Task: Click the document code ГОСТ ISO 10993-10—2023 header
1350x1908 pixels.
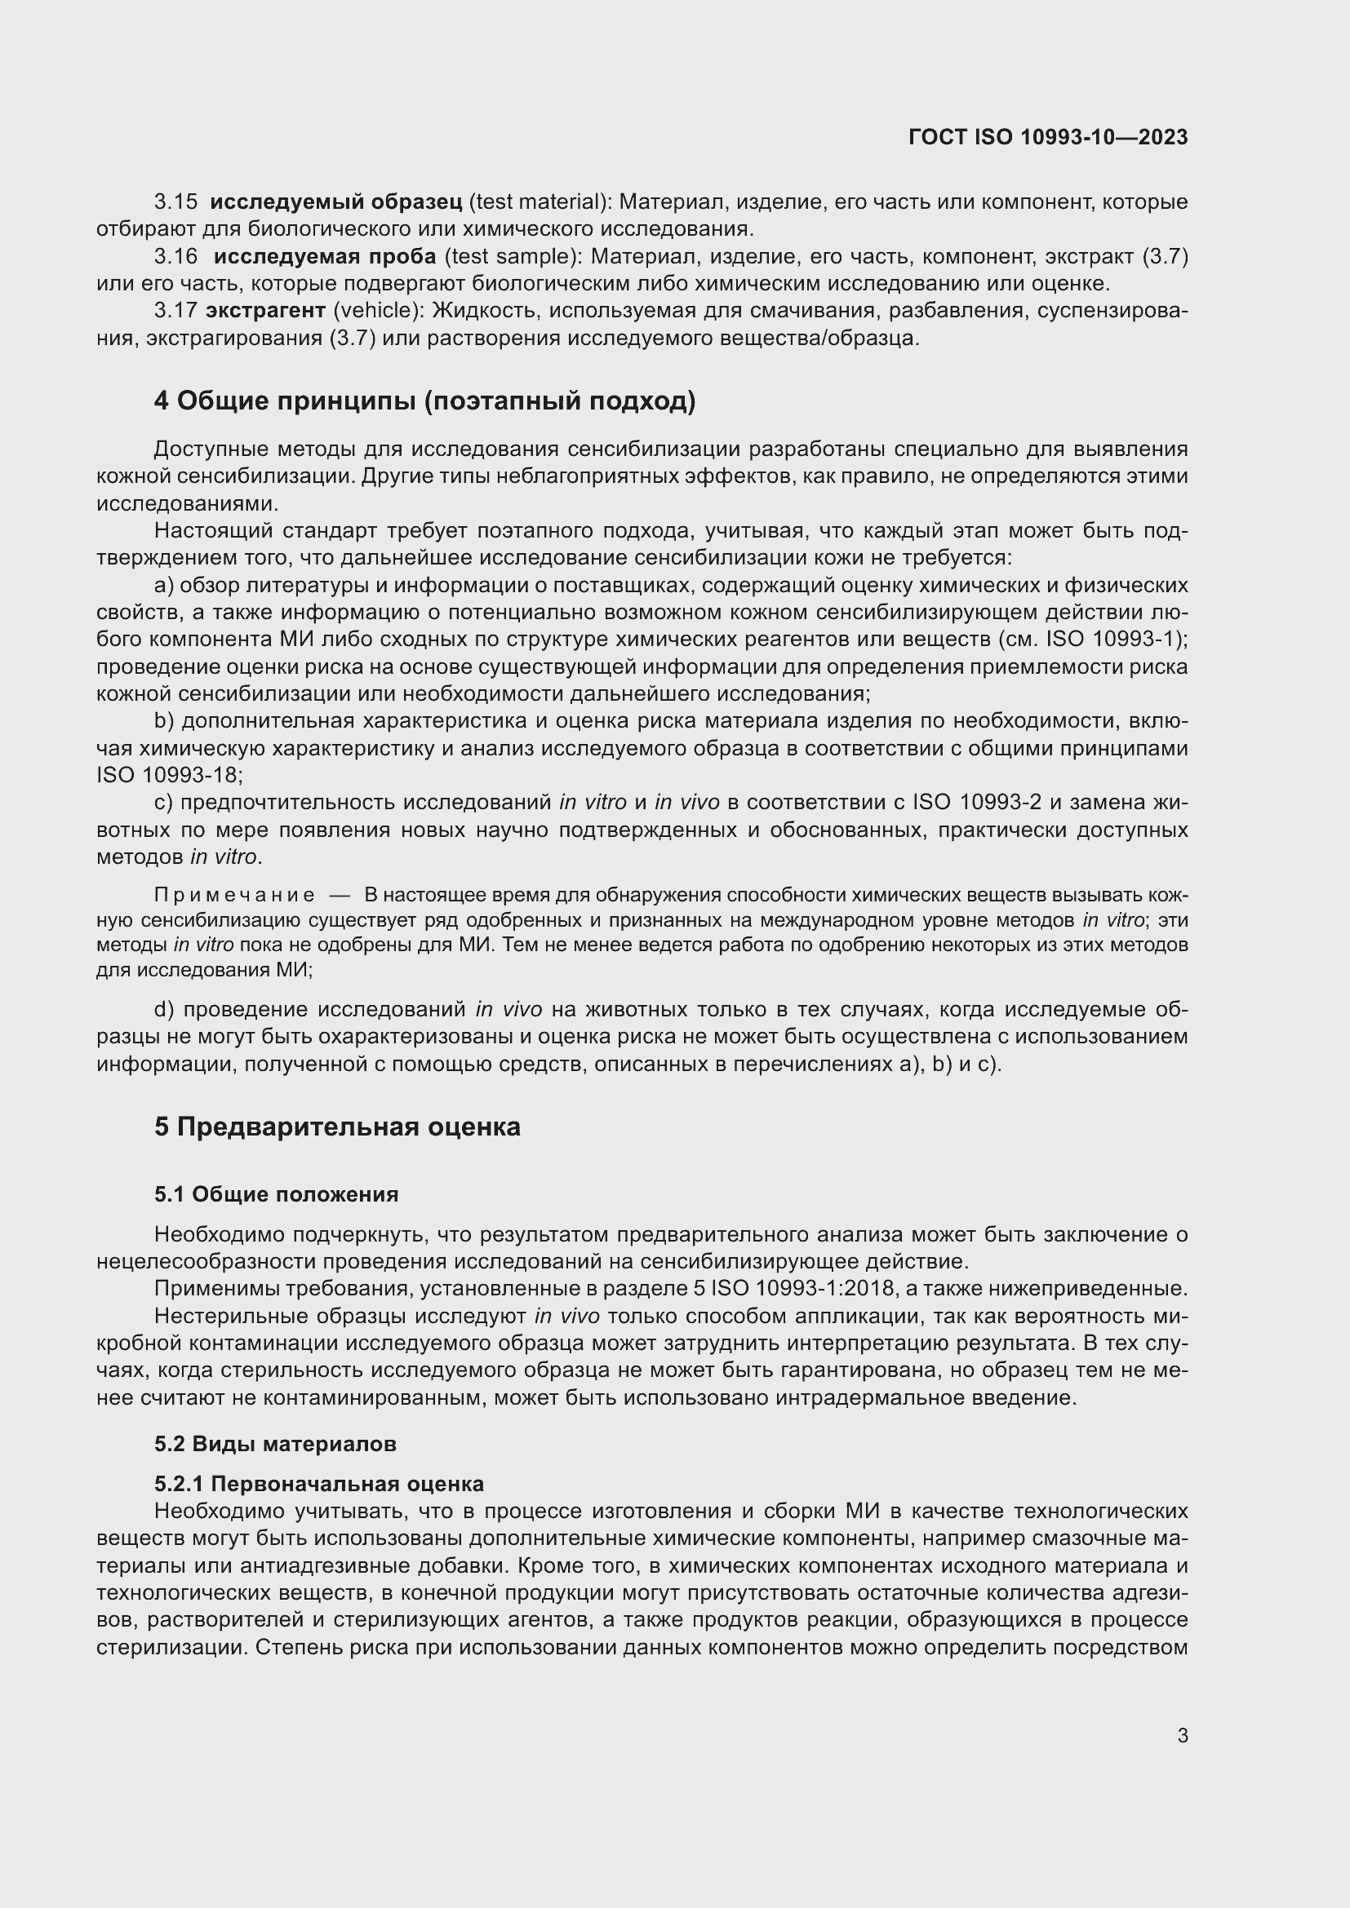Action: (1047, 137)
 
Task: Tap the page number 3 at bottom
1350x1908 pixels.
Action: (1182, 1735)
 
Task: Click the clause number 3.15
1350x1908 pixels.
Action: (176, 202)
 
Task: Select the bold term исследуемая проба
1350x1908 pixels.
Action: (324, 257)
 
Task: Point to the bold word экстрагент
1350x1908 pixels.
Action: (265, 311)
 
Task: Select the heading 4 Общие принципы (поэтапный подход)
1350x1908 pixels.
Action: (424, 401)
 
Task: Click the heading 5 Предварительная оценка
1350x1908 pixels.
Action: (338, 1127)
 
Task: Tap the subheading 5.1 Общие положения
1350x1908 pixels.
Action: (276, 1194)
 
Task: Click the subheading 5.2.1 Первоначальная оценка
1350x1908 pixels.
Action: (319, 1483)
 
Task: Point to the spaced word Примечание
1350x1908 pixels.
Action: (234, 895)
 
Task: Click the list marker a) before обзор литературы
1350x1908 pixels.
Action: (164, 586)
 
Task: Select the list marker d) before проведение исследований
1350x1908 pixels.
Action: (164, 1010)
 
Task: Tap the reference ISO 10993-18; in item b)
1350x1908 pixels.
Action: (170, 775)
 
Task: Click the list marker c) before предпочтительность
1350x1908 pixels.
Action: (163, 803)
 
